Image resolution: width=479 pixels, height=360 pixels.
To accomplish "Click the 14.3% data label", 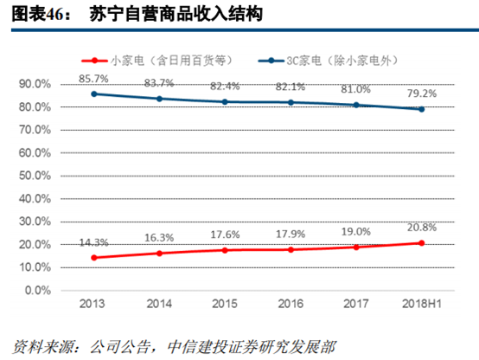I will pos(93,242).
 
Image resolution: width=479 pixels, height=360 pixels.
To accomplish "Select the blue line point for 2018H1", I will pos(421,109).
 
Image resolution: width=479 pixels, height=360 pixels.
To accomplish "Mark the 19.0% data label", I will pos(357,231).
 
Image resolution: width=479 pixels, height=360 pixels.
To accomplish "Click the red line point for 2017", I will pos(355,247).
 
